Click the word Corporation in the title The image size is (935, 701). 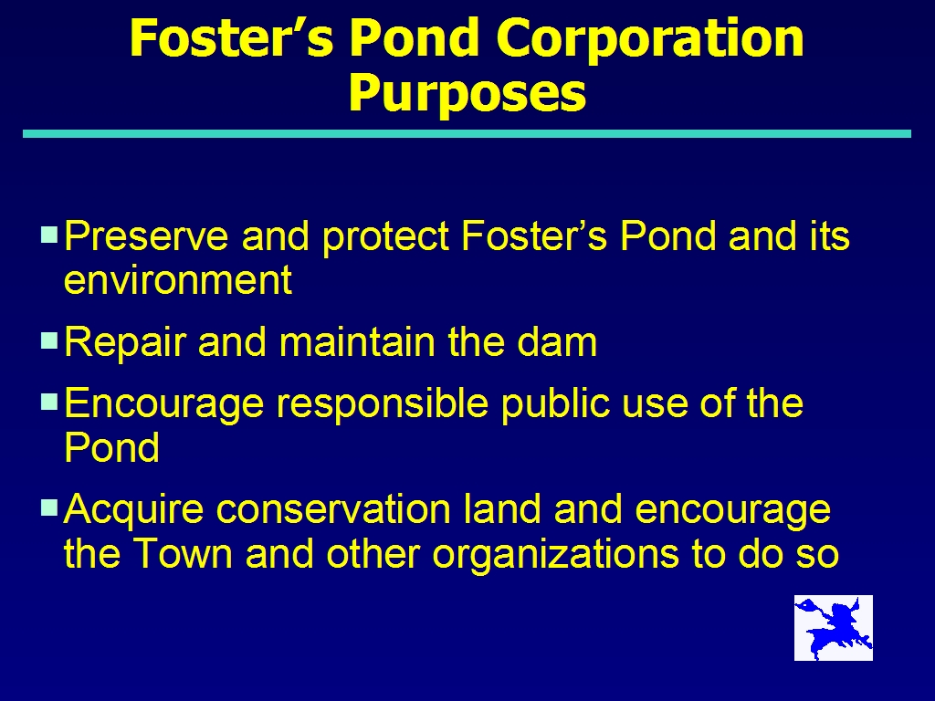[650, 37]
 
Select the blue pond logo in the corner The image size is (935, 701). [833, 628]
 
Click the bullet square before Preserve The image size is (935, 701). [49, 234]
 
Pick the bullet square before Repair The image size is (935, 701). [49, 340]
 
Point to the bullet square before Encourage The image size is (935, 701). [49, 402]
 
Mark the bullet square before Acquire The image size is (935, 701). [49, 507]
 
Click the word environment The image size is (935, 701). [178, 279]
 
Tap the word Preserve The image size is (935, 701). [146, 235]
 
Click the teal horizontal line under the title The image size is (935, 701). [467, 133]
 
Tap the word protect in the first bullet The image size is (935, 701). [385, 237]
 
